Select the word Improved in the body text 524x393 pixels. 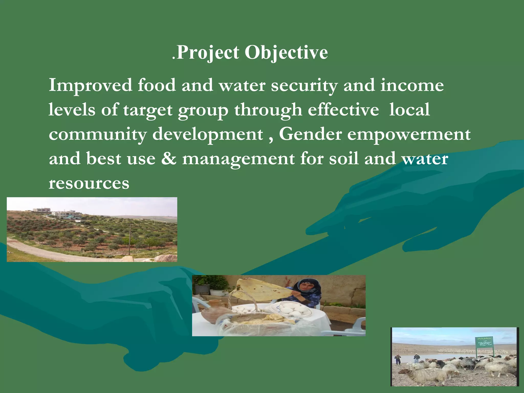pos(90,85)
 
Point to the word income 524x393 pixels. pos(412,85)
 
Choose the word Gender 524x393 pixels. pos(310,134)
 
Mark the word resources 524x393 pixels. pos(89,183)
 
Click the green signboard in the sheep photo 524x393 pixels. pos(484,342)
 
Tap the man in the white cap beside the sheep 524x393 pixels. pos(417,358)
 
